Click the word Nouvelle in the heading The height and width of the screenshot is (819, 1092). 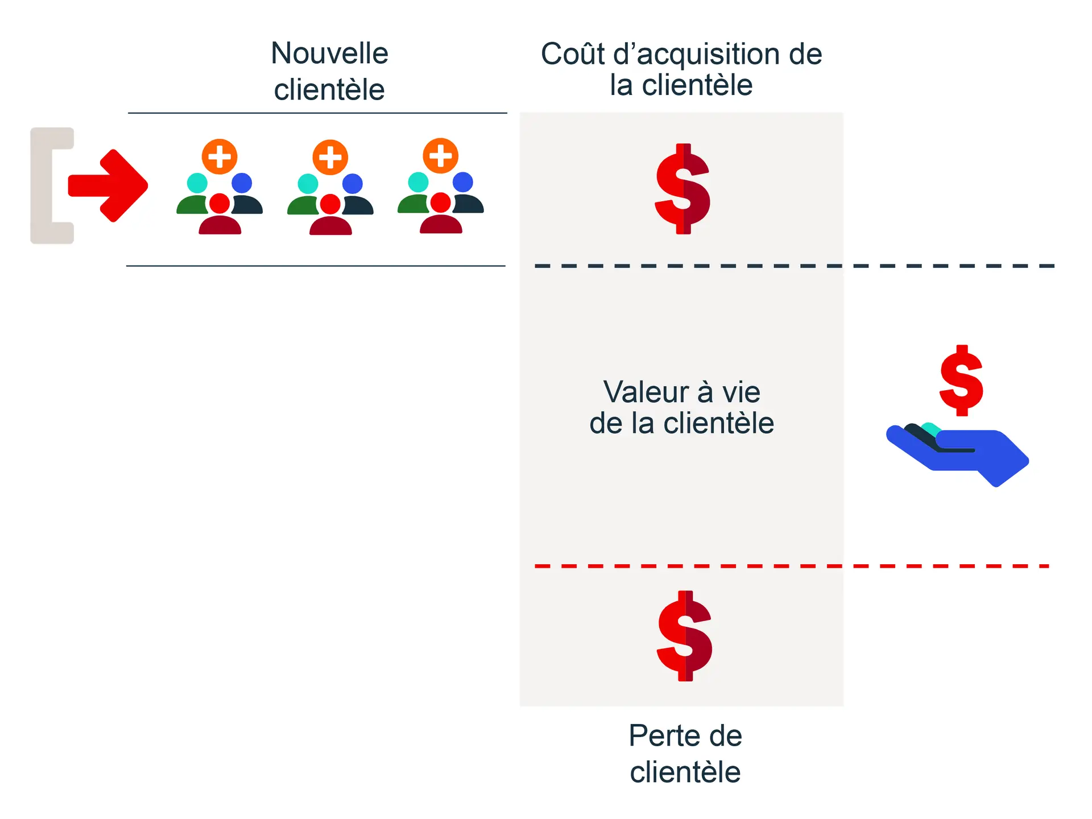(x=329, y=53)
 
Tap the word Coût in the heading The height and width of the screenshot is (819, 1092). (x=573, y=54)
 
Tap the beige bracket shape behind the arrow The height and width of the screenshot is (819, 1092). (x=43, y=185)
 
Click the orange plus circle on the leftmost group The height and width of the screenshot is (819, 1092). (x=220, y=156)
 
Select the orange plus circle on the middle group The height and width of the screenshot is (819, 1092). (x=330, y=157)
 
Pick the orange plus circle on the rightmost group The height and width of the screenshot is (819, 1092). (x=440, y=155)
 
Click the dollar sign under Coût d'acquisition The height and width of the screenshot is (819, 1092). (x=682, y=189)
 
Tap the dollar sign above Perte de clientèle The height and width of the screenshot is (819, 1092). (x=685, y=636)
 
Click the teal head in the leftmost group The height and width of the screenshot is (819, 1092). (x=197, y=183)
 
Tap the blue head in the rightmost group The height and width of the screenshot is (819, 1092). (x=463, y=182)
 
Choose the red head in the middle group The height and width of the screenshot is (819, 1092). (x=330, y=204)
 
